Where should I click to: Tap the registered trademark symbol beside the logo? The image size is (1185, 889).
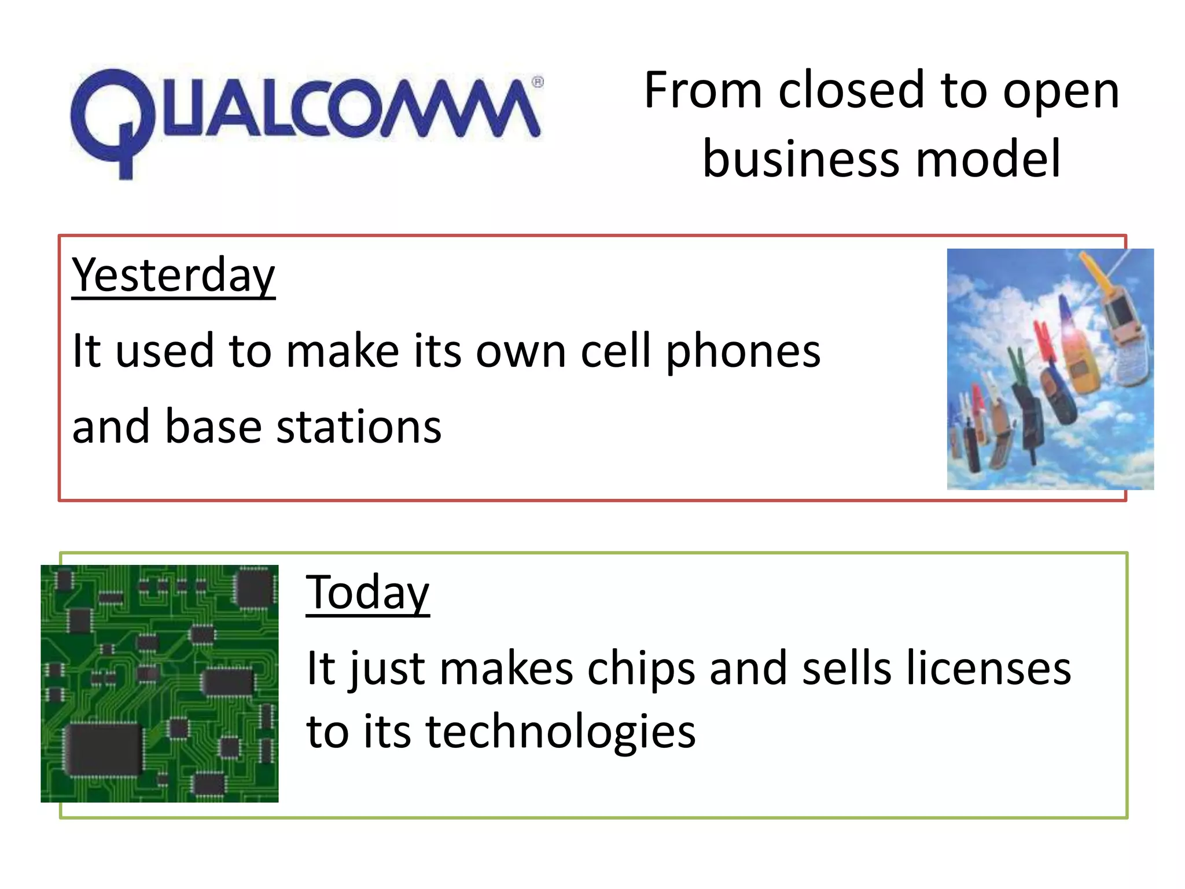(538, 82)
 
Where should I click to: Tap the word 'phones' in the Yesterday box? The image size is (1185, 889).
(743, 351)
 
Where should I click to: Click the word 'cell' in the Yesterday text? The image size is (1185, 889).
(616, 351)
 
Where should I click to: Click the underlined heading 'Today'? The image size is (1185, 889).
(367, 593)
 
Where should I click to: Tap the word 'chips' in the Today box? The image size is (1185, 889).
(641, 669)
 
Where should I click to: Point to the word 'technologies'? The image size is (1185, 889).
(560, 733)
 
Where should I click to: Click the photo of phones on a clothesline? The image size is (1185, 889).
(1050, 369)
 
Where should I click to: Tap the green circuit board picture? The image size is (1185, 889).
(160, 683)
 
